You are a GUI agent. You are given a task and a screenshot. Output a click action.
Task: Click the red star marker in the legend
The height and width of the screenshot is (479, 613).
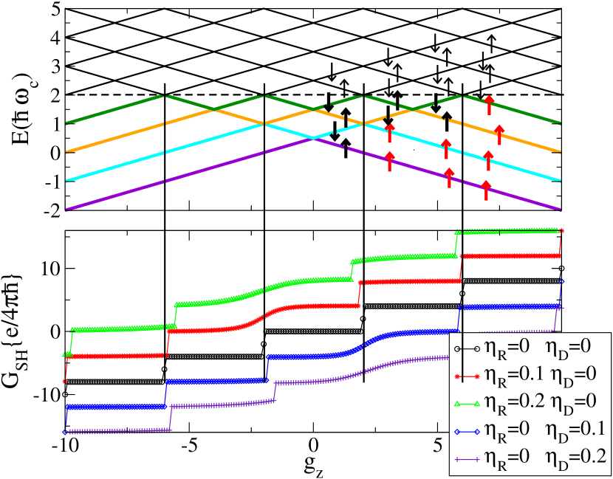pos(466,376)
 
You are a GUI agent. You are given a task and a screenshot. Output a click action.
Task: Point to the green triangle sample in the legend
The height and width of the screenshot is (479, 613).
pos(466,404)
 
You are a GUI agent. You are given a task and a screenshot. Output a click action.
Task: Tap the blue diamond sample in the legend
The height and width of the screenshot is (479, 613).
pos(466,432)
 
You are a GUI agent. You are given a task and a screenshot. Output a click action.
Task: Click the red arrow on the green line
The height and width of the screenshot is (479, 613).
pos(489,105)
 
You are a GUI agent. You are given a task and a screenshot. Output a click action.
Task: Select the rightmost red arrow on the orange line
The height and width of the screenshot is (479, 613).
pos(499,135)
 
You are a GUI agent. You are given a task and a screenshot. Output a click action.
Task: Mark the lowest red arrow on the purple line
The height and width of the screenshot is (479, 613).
pos(486,190)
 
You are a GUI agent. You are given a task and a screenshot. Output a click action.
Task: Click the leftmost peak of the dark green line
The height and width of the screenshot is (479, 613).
pos(164,95)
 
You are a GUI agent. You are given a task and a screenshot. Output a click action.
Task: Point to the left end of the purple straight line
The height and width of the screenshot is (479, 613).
pos(67,210)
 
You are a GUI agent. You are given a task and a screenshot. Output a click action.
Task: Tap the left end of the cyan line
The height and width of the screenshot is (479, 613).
pos(67,180)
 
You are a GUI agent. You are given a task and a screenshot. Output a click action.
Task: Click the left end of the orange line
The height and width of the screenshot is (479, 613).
pos(67,152)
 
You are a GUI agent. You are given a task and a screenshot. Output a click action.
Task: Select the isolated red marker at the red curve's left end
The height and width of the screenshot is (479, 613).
pos(65,382)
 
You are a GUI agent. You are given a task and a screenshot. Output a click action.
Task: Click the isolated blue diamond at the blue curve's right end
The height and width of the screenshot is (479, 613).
pos(563,280)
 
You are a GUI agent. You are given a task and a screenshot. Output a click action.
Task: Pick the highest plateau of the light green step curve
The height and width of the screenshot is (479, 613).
pos(510,231)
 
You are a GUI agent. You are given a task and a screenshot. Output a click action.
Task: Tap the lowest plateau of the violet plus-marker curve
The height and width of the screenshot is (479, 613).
pos(118,430)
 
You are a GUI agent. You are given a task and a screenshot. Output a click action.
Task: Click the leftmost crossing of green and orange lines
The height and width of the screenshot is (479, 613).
pos(213,109)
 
